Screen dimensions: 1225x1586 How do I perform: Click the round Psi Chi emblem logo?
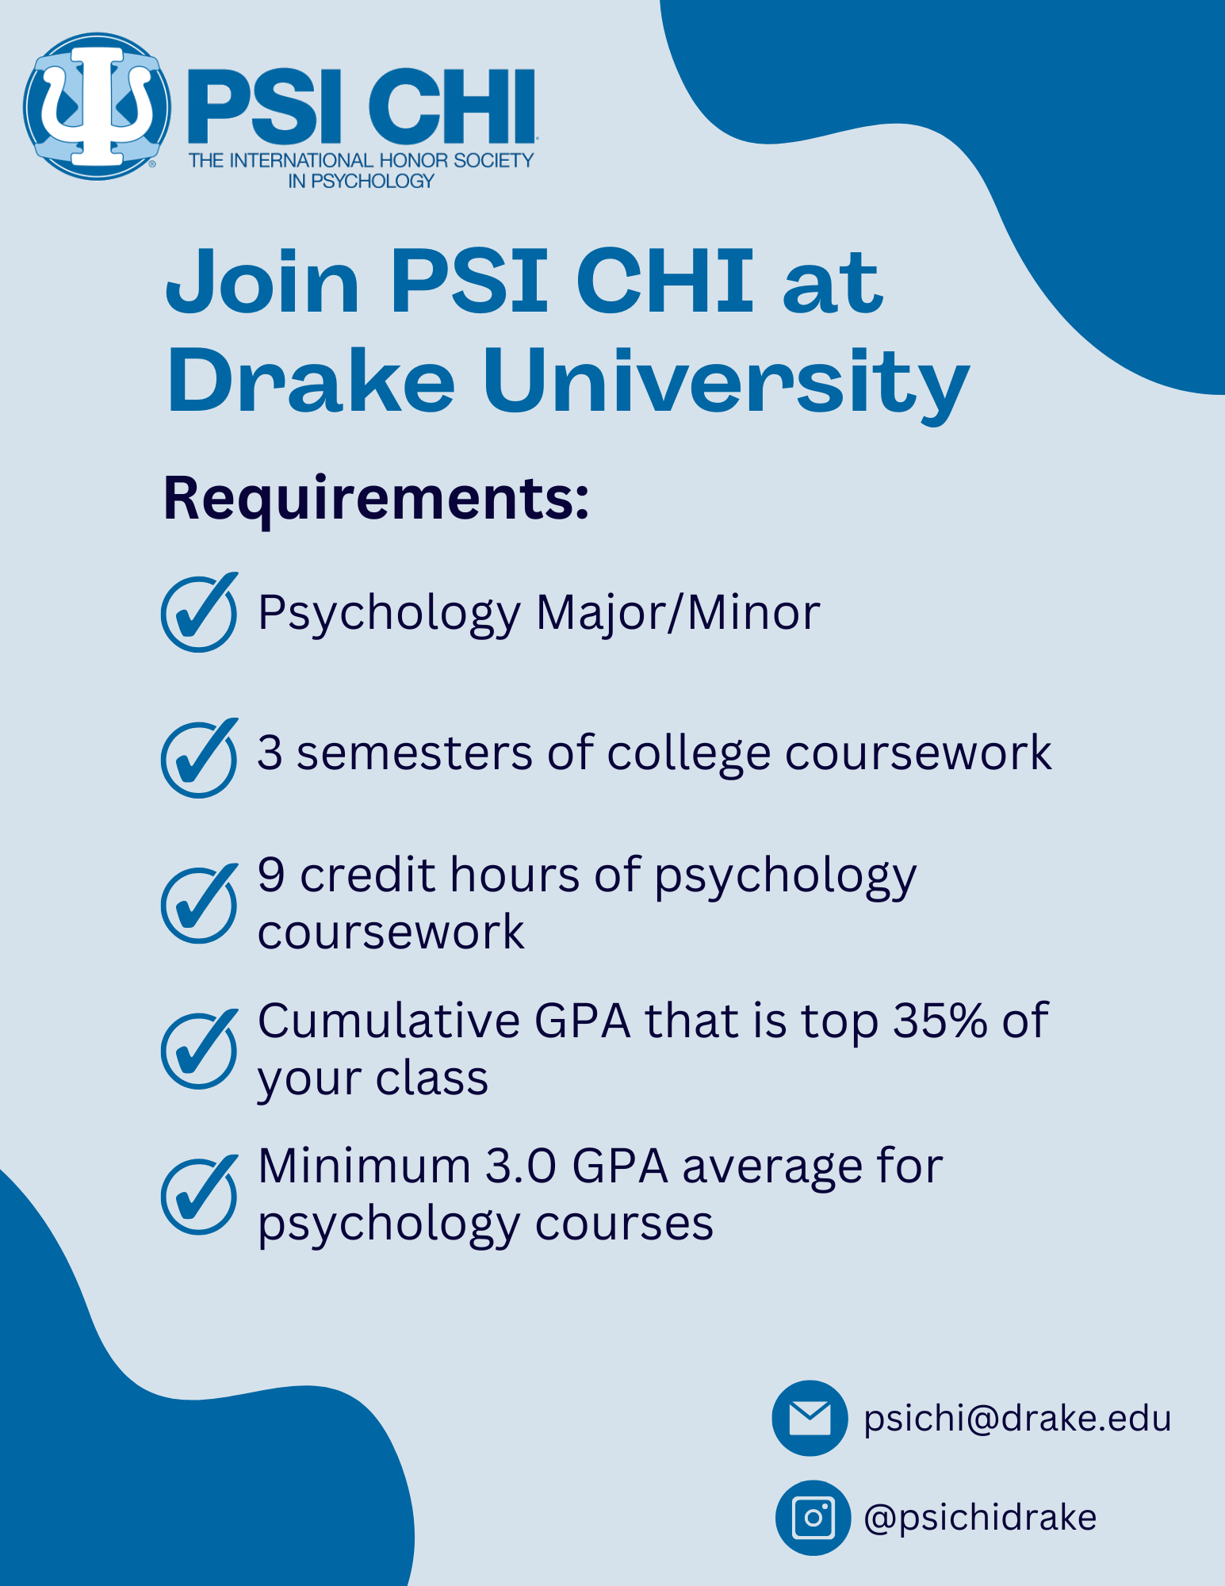(97, 106)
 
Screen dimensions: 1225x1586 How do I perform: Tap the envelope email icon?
(810, 1418)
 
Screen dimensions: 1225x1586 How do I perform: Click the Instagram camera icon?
(813, 1518)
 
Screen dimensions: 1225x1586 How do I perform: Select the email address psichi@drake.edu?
(1017, 1419)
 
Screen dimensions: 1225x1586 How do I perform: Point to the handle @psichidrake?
(980, 1518)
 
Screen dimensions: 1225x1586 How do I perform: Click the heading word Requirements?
(377, 500)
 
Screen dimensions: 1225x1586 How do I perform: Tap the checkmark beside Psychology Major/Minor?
(199, 612)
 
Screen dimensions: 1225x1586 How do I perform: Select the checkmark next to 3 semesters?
(199, 758)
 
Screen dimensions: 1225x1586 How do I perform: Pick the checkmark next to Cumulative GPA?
(199, 1049)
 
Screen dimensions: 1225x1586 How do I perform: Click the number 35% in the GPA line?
(940, 1021)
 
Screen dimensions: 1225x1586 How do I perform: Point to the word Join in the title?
(262, 281)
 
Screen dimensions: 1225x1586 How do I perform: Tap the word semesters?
(415, 753)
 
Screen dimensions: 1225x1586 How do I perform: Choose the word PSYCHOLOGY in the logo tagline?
(373, 182)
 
